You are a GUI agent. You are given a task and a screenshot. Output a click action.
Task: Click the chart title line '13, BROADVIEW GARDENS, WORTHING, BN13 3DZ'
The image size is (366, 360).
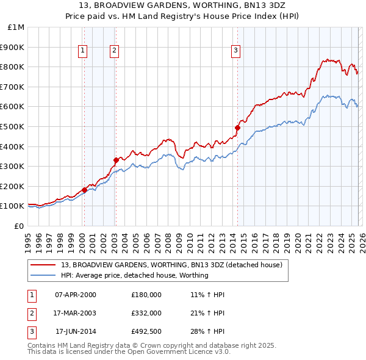182,5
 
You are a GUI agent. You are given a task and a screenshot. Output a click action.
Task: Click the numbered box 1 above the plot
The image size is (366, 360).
82,51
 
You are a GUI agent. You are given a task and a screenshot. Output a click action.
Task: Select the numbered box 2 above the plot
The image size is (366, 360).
114,51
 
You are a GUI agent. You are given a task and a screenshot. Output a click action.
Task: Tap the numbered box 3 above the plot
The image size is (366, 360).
235,51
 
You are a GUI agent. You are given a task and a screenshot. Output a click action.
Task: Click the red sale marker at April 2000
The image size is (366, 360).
84,190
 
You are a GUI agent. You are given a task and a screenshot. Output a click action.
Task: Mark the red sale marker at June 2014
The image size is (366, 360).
237,128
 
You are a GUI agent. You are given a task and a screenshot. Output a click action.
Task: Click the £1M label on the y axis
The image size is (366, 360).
16,27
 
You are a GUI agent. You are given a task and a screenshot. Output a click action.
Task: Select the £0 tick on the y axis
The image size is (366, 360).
19,226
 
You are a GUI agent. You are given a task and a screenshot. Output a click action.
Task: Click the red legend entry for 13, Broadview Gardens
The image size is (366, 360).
171,265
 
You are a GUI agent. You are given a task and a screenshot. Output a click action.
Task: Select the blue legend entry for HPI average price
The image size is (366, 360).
135,275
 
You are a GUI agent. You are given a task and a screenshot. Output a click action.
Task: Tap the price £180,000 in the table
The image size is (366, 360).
146,294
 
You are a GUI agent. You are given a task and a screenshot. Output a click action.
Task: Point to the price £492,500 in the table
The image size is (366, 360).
146,332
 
